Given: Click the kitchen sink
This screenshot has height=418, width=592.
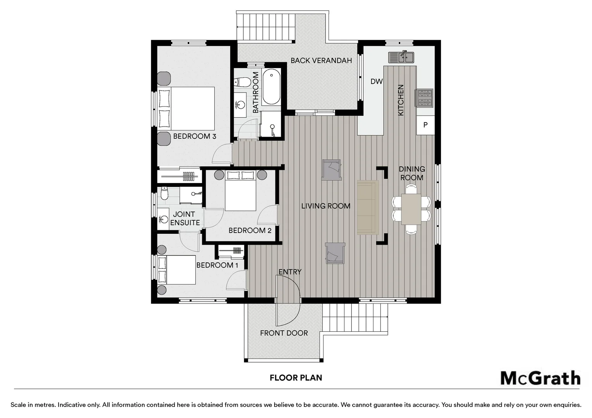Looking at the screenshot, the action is click(x=401, y=57).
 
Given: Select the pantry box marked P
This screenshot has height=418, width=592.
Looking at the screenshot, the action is click(x=425, y=125).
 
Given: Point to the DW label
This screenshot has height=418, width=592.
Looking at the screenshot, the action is click(x=377, y=81).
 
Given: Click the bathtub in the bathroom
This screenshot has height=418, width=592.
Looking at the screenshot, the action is click(x=271, y=87).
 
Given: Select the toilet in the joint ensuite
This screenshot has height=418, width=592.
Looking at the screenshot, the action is click(x=164, y=193).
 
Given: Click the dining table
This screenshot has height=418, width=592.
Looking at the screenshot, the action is click(x=411, y=209).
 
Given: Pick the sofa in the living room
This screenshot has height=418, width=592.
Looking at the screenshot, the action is click(x=368, y=207).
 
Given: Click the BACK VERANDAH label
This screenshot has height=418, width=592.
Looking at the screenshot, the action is click(x=321, y=60).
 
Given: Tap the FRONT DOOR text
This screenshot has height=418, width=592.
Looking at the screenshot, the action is click(x=284, y=333).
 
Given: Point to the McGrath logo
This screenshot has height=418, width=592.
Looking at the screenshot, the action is click(x=540, y=378).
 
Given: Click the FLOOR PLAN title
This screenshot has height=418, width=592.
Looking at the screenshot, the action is click(x=296, y=378).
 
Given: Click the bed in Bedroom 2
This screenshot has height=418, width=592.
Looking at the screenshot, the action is click(x=241, y=191).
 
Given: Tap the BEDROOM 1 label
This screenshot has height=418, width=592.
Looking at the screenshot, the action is click(x=217, y=265).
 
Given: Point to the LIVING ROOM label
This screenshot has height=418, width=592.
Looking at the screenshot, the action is click(x=325, y=206).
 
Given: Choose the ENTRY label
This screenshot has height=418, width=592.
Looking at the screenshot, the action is click(x=290, y=272).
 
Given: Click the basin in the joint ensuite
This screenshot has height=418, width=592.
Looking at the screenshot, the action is click(x=163, y=219).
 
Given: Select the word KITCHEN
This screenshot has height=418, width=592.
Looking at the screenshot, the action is click(x=401, y=100).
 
